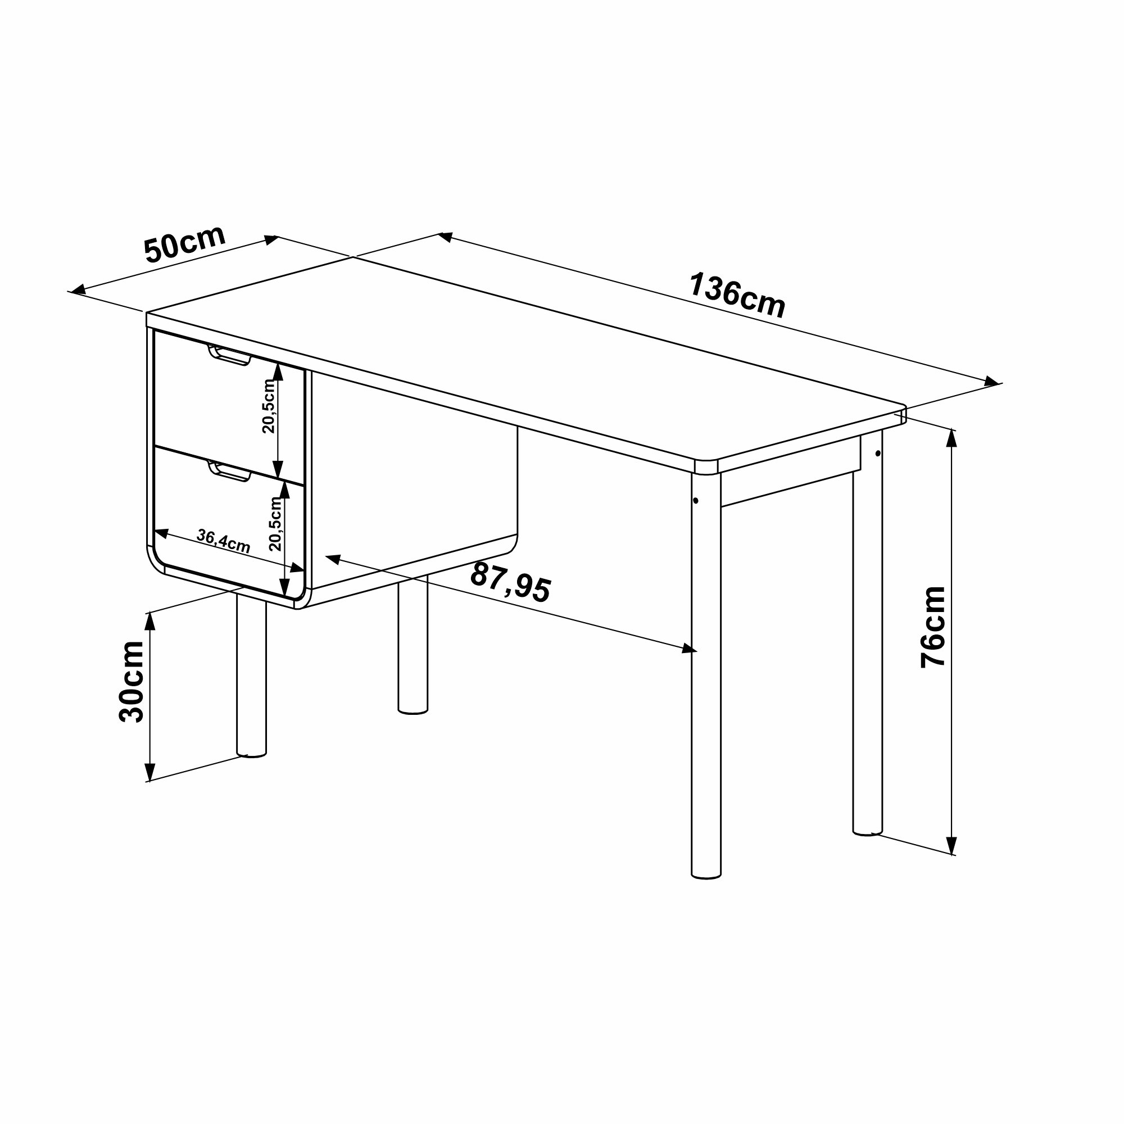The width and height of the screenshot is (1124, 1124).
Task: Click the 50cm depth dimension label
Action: pos(185,244)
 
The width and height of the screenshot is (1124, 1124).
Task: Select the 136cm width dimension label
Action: pos(737,296)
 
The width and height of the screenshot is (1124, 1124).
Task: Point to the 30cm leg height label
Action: pos(131,682)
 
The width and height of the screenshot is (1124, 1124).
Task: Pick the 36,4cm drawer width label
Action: pos(224,541)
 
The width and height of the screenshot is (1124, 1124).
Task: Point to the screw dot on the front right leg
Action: pos(696,500)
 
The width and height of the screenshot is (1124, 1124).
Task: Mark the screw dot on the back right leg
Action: pos(878,453)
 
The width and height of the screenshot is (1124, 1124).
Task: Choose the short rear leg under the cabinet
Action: pos(413,644)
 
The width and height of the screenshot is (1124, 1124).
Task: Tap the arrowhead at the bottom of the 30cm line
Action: pos(150,772)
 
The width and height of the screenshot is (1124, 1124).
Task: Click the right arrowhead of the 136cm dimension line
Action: pos(991,382)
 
